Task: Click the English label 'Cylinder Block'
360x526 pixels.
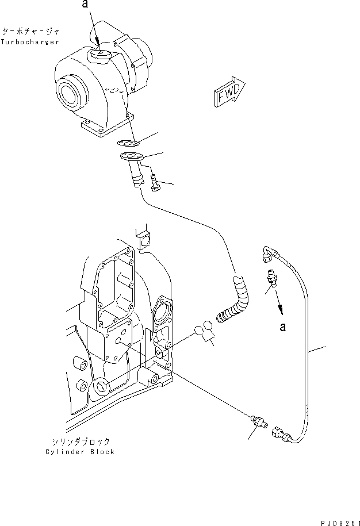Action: tap(80, 452)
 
